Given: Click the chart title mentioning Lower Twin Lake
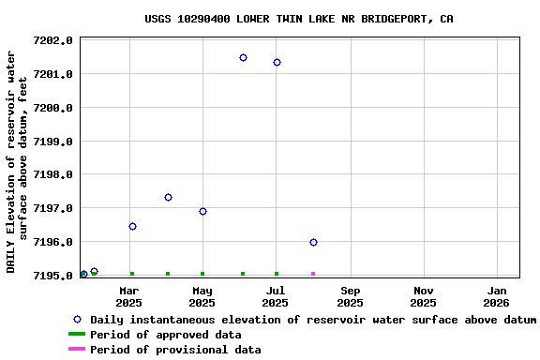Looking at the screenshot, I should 298,19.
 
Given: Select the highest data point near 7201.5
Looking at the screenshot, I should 243,58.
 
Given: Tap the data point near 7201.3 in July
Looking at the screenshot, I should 277,63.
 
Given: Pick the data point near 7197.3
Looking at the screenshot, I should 168,198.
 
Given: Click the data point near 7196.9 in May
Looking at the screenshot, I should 202,212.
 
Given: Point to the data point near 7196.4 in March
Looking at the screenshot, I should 132,227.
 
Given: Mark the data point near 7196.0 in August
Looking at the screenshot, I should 313,243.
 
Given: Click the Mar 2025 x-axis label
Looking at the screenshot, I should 128,296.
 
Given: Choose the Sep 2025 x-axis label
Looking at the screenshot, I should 350,296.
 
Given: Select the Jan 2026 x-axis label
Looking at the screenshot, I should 496,296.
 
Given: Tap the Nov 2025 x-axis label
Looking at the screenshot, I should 423,296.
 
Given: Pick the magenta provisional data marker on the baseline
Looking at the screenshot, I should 313,274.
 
